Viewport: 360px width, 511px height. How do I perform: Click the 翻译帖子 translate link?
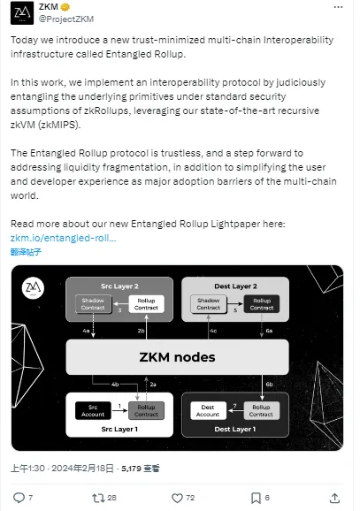[24, 252]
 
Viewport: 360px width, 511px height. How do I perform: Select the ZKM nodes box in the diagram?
[177, 357]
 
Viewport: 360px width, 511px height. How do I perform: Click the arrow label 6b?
[269, 385]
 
